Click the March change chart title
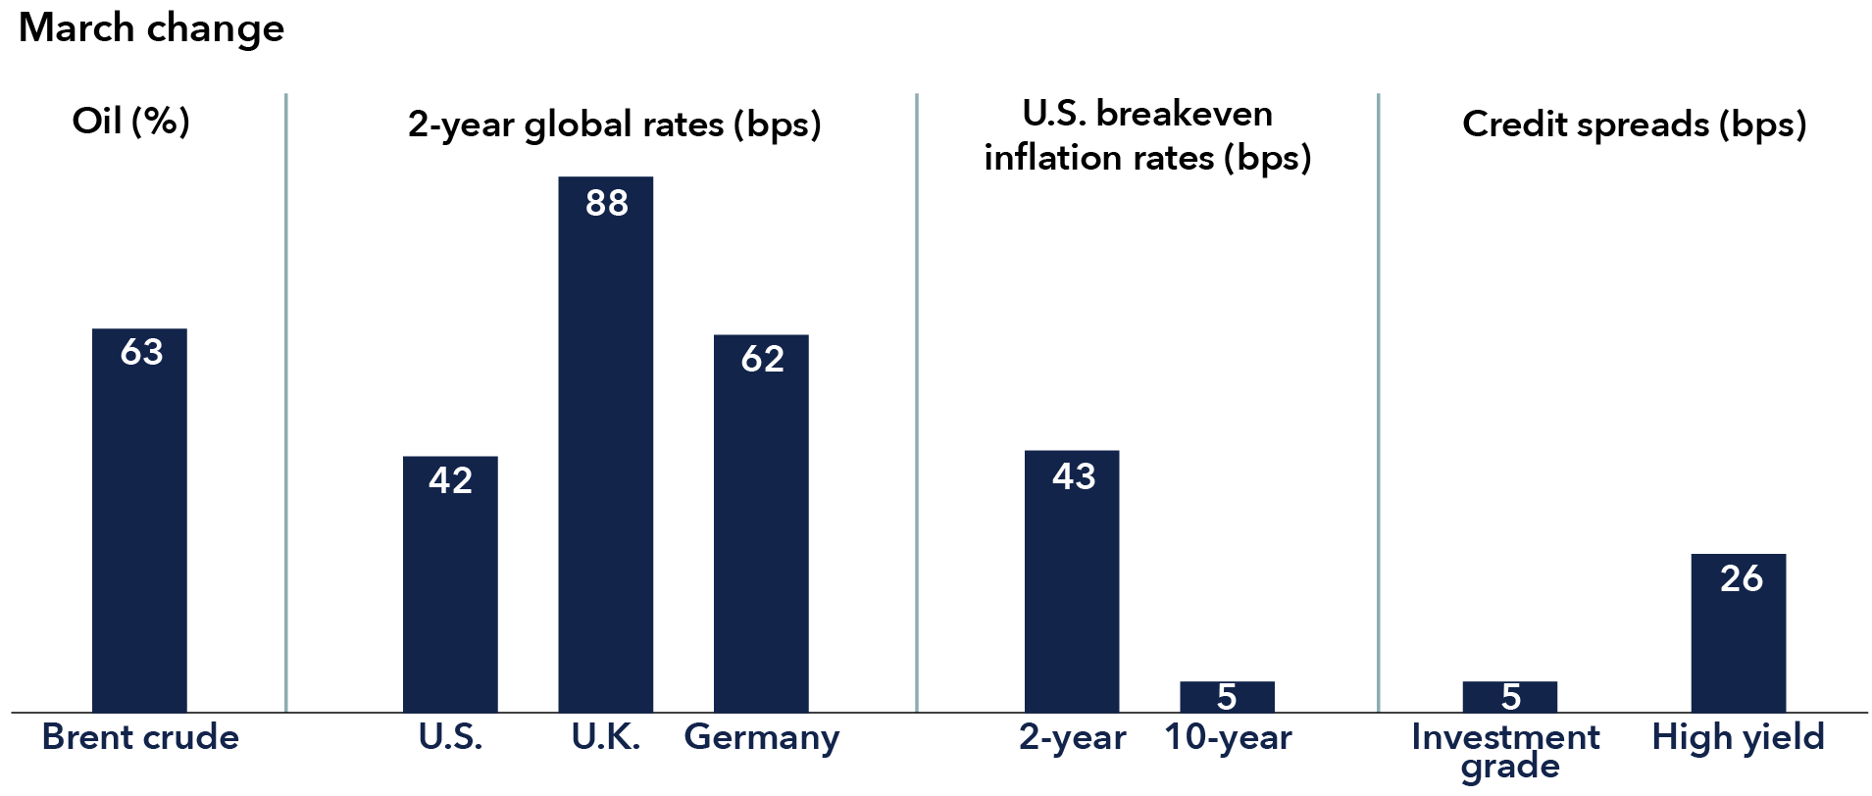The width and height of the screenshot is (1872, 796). [151, 28]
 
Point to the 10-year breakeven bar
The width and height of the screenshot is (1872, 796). [1227, 697]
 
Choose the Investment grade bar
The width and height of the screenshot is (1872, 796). [1509, 697]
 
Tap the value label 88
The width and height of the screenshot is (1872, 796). [606, 203]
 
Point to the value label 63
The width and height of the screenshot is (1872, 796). [141, 352]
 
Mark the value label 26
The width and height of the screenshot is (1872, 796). [1741, 578]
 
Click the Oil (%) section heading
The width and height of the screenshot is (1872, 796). [130, 122]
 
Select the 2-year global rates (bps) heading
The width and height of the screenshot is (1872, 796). [614, 124]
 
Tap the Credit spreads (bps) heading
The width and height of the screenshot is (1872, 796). [1634, 124]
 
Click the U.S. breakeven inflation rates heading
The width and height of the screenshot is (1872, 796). [1147, 135]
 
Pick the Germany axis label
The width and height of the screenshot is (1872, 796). [761, 737]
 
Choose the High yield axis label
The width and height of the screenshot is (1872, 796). [1738, 737]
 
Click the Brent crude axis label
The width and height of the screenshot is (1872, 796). [140, 737]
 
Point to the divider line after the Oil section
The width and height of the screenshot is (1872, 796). [285, 402]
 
